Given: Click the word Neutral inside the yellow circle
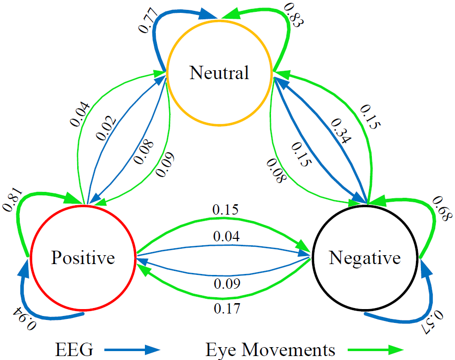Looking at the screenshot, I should (x=219, y=73).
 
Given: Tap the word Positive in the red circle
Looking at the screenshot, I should (x=83, y=258).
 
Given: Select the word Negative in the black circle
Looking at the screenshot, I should (x=364, y=258).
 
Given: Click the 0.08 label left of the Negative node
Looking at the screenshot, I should (x=277, y=170).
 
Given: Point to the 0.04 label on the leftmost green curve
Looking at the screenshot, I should (x=81, y=114).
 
